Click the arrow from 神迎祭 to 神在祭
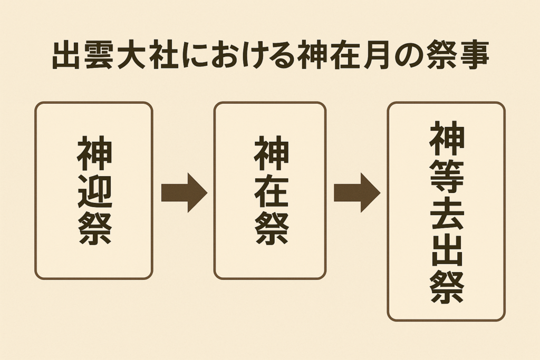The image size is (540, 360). click(184, 192)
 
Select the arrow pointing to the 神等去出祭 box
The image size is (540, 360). click(357, 192)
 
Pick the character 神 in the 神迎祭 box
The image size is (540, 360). click(95, 153)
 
